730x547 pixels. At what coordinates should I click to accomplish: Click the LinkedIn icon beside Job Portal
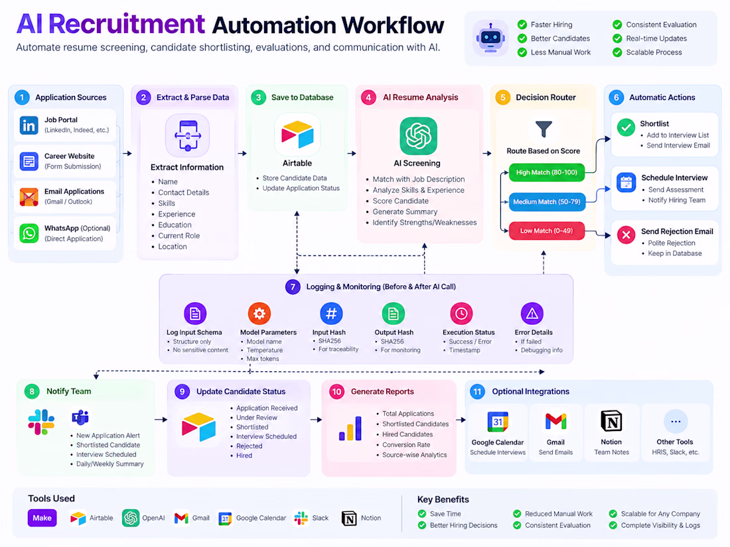click(x=29, y=125)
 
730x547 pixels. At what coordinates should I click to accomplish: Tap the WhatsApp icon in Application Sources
click(x=29, y=233)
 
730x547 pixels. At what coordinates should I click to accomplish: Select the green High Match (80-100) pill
click(x=547, y=172)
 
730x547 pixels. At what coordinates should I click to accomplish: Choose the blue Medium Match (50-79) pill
click(x=547, y=202)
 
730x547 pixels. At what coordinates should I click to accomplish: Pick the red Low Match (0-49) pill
click(x=547, y=231)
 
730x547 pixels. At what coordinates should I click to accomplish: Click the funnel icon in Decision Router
click(x=544, y=129)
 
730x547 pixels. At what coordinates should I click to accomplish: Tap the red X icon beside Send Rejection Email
click(x=626, y=235)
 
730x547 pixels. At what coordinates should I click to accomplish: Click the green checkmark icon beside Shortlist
click(x=626, y=127)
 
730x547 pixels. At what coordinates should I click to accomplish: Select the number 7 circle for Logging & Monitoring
click(x=293, y=287)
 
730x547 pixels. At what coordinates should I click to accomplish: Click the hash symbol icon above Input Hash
click(x=331, y=314)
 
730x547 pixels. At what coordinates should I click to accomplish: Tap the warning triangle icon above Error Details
click(x=532, y=314)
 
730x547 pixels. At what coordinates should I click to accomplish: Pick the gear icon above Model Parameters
click(x=259, y=314)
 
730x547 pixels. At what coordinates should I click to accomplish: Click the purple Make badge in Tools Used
click(x=42, y=518)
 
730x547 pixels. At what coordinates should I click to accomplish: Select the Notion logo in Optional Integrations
click(x=611, y=422)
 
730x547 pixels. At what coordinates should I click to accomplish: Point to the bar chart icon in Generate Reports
click(x=350, y=428)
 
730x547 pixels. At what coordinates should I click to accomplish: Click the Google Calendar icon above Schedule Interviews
click(x=498, y=422)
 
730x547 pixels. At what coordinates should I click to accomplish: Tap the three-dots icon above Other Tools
click(x=676, y=422)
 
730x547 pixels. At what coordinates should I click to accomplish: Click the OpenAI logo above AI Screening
click(x=418, y=136)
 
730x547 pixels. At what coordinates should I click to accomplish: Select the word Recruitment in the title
click(x=127, y=24)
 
